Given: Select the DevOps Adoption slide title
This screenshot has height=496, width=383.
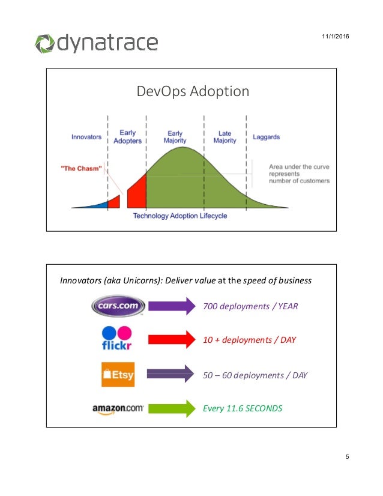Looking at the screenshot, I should click(193, 91).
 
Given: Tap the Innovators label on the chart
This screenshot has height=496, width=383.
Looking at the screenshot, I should click(86, 137).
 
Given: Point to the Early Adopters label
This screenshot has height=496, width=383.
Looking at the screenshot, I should click(127, 137).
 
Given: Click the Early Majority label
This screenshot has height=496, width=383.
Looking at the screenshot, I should click(175, 137).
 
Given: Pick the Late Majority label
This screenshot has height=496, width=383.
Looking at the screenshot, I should click(225, 137).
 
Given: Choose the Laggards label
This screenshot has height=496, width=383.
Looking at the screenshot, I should click(266, 137).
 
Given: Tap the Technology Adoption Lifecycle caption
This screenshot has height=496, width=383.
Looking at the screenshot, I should click(180, 216).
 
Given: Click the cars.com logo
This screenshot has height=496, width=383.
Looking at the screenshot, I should click(118, 306).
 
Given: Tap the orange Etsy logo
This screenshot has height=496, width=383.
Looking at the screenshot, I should click(118, 375).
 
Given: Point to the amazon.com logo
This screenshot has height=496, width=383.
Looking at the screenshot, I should click(118, 408).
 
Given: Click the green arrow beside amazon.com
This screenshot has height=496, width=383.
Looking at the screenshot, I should click(172, 408).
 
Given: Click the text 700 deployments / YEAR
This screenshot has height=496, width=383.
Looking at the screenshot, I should click(250, 306).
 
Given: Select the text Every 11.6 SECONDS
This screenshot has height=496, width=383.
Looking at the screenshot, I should click(243, 409).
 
